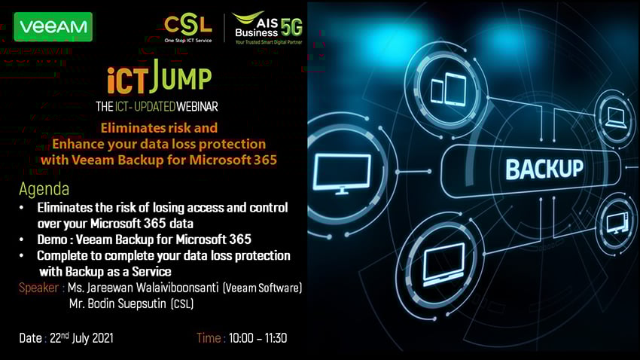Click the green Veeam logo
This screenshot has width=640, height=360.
pyautogui.click(x=53, y=27)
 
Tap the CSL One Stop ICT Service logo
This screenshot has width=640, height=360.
pyautogui.click(x=188, y=29)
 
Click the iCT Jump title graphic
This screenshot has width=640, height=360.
pyautogui.click(x=160, y=77)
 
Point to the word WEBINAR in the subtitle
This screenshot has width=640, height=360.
pyautogui.click(x=197, y=106)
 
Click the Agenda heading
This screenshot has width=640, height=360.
pyautogui.click(x=44, y=189)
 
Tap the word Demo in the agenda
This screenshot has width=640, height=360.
pyautogui.click(x=52, y=239)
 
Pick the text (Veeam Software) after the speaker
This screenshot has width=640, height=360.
pyautogui.click(x=263, y=288)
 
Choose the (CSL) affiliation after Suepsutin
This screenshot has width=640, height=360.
pyautogui.click(x=182, y=304)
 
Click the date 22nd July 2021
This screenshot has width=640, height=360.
pyautogui.click(x=81, y=338)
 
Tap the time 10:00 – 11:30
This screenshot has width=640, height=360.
pyautogui.click(x=258, y=338)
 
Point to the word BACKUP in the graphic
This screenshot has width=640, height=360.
pyautogui.click(x=544, y=169)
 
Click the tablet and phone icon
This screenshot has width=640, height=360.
pyautogui.click(x=449, y=89)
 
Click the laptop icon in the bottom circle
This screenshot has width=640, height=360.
pyautogui.click(x=444, y=264)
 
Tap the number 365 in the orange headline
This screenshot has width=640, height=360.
pyautogui.click(x=265, y=160)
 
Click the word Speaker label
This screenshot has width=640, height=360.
pyautogui.click(x=38, y=288)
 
